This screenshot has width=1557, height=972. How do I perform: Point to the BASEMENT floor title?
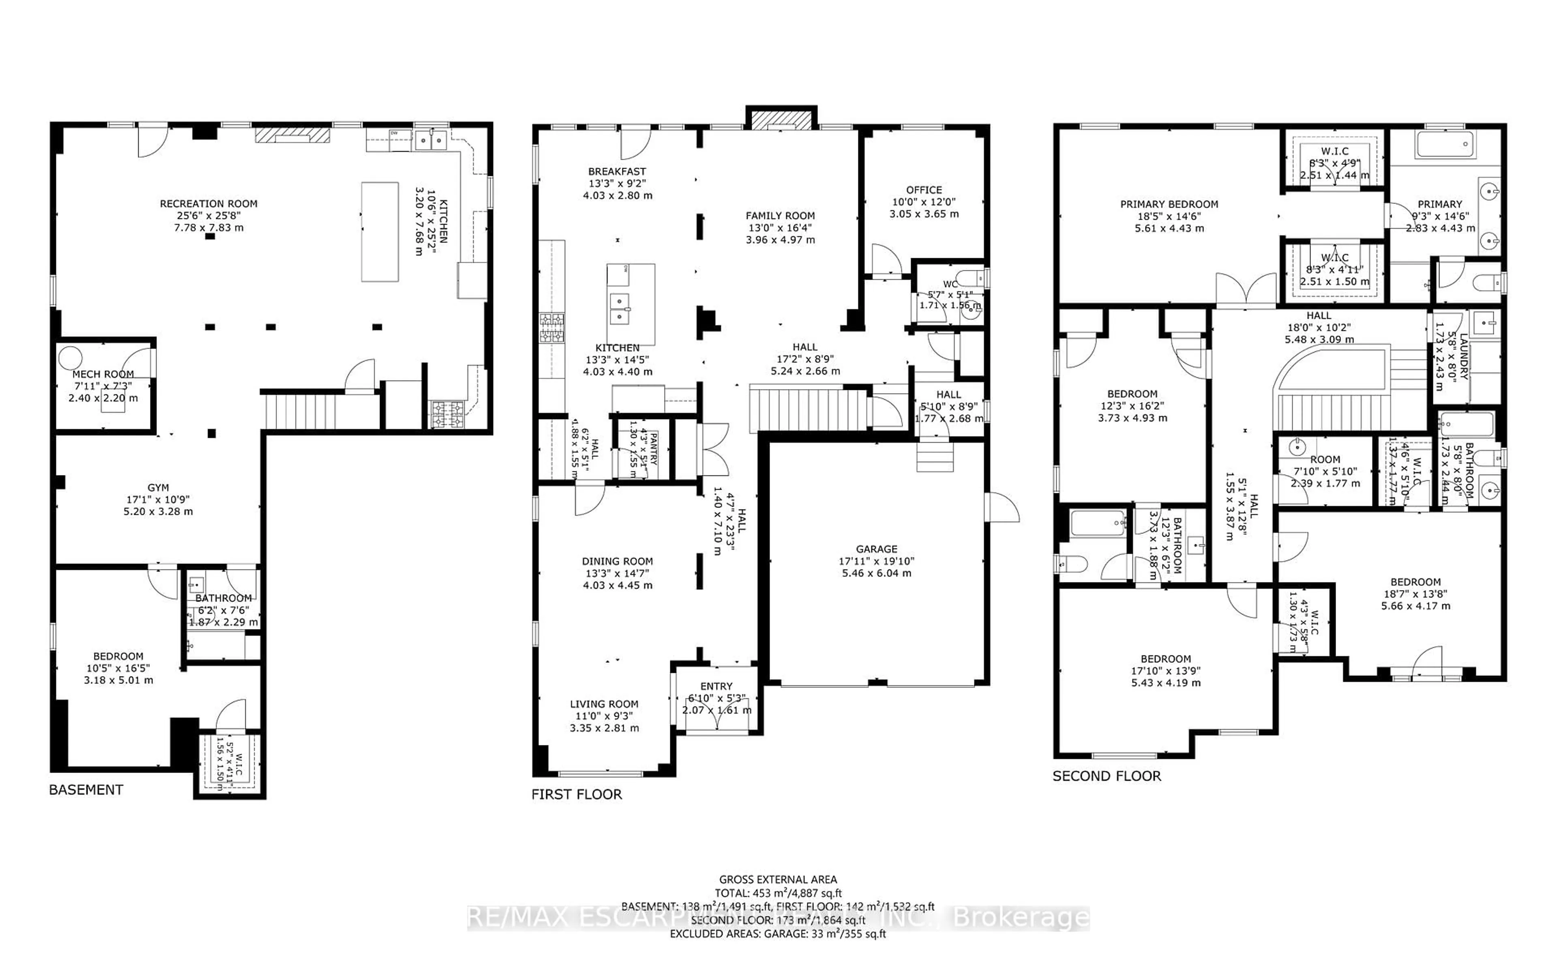(x=86, y=790)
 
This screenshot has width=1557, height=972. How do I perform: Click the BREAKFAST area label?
(x=617, y=171)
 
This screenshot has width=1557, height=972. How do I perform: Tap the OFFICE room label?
(x=924, y=190)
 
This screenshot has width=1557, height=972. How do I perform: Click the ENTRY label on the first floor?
(x=716, y=686)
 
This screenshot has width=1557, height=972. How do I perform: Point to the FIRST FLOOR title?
(x=577, y=794)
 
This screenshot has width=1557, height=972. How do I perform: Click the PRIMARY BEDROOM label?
(x=1169, y=204)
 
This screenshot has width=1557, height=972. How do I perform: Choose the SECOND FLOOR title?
(x=1107, y=776)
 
